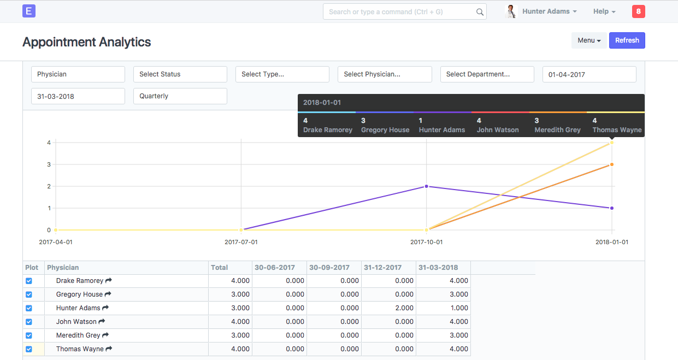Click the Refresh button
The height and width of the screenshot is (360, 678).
click(627, 40)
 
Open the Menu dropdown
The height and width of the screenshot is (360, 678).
click(589, 40)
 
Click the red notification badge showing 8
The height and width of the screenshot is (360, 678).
click(638, 11)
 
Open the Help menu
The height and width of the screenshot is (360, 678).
click(604, 11)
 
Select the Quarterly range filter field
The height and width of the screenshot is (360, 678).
click(180, 96)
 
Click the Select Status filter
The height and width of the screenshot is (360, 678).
click(180, 74)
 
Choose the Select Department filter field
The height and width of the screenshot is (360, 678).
click(487, 74)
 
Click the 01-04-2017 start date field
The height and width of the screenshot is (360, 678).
click(589, 74)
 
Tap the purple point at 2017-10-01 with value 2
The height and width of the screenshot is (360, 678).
click(427, 186)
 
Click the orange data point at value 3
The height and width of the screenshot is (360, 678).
click(612, 164)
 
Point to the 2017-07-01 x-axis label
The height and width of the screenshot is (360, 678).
click(241, 242)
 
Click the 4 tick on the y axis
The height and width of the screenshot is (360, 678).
click(49, 143)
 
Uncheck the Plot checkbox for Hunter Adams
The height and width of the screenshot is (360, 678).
click(29, 308)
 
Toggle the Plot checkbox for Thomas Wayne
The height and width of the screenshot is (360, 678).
click(29, 349)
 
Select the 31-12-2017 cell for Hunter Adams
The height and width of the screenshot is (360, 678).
click(388, 308)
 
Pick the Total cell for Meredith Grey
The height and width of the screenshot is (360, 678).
click(230, 335)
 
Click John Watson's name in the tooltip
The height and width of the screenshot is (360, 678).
click(498, 130)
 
